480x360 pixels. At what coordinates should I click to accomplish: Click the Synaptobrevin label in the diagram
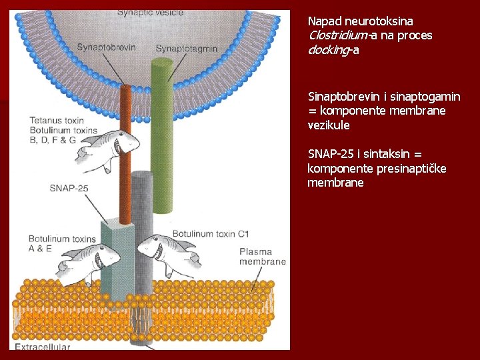(106, 47)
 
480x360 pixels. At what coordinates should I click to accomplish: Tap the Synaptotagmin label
(186, 48)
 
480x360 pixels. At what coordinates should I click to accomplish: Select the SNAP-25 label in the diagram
(69, 188)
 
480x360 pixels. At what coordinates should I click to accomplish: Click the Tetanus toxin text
(55, 121)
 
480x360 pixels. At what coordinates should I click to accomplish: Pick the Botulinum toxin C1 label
(211, 234)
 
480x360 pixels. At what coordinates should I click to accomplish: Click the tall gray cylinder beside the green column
(142, 220)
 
